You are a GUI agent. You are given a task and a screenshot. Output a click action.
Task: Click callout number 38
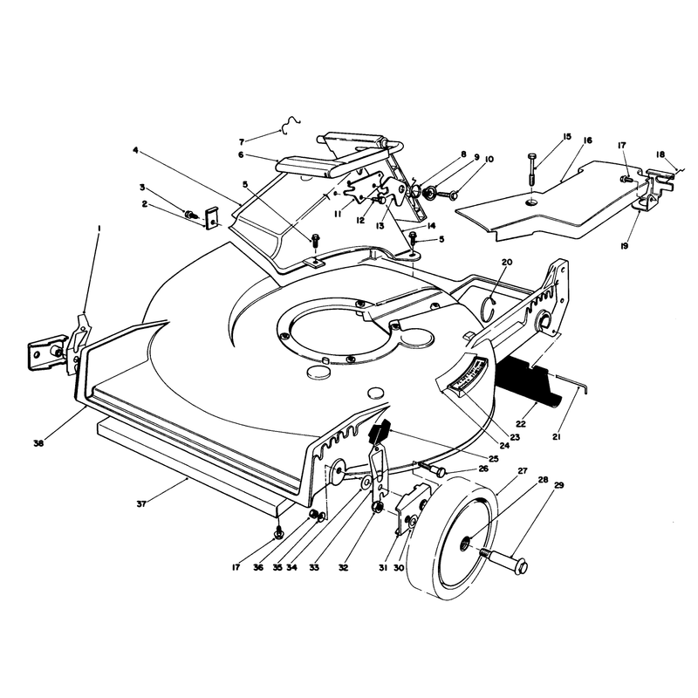tap(38, 443)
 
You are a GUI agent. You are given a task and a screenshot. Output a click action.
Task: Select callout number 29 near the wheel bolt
tap(558, 485)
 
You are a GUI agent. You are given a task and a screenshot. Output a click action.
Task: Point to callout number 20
tap(507, 262)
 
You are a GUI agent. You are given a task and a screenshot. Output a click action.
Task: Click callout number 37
tap(141, 504)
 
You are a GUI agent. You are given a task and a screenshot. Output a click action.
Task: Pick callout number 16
tap(587, 140)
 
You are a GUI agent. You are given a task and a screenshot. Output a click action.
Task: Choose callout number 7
tap(242, 142)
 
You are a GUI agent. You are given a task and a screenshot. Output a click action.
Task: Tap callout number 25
tap(493, 459)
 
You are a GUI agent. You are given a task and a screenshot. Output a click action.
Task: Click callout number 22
tap(521, 424)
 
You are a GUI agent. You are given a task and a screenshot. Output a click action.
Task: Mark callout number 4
tap(135, 150)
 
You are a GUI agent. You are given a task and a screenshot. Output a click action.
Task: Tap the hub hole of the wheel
tap(465, 542)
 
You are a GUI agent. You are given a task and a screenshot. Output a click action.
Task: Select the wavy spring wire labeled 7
tap(291, 125)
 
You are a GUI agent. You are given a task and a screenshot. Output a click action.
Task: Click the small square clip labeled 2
tap(211, 217)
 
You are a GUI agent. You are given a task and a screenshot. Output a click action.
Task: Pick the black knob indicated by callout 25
tap(379, 431)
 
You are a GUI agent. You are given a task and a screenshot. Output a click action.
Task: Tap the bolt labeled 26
tap(432, 469)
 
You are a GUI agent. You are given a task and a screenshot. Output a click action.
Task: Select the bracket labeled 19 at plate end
tap(654, 189)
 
